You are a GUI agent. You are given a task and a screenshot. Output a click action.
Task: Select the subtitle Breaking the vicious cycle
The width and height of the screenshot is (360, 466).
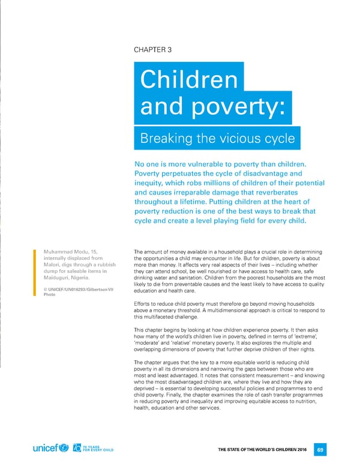tap(218, 139)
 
